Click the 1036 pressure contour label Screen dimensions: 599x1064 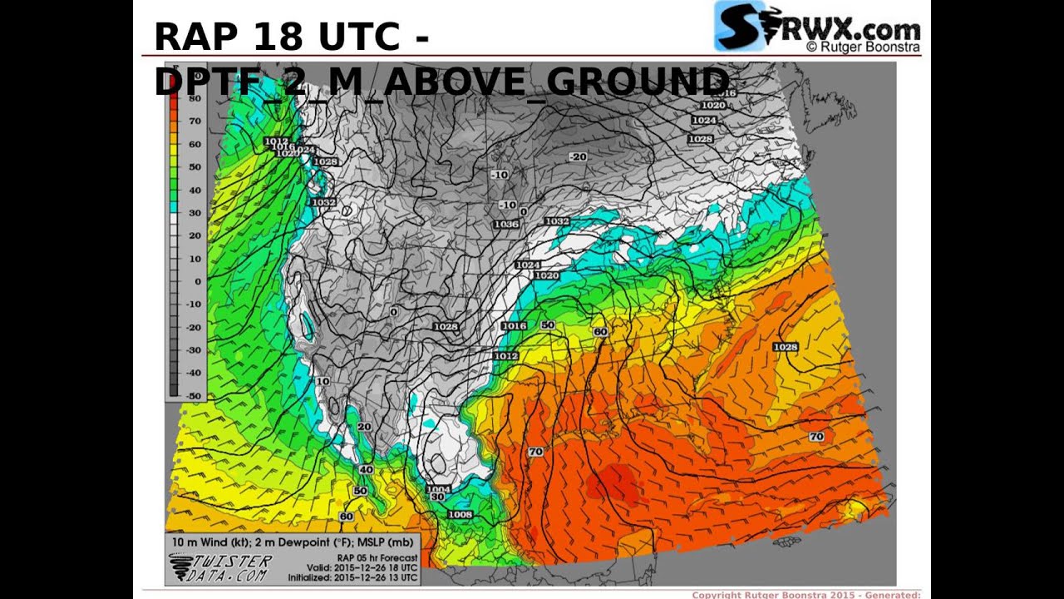(506, 225)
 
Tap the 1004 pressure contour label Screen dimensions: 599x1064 (438, 489)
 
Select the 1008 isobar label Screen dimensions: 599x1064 (460, 514)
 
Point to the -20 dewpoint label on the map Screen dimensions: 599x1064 (577, 156)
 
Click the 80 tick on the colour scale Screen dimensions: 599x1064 (195, 98)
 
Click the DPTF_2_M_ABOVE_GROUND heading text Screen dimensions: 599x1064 (441, 82)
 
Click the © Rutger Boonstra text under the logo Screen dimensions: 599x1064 (862, 47)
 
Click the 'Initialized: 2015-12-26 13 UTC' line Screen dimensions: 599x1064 (352, 577)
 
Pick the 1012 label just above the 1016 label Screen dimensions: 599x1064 (276, 141)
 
